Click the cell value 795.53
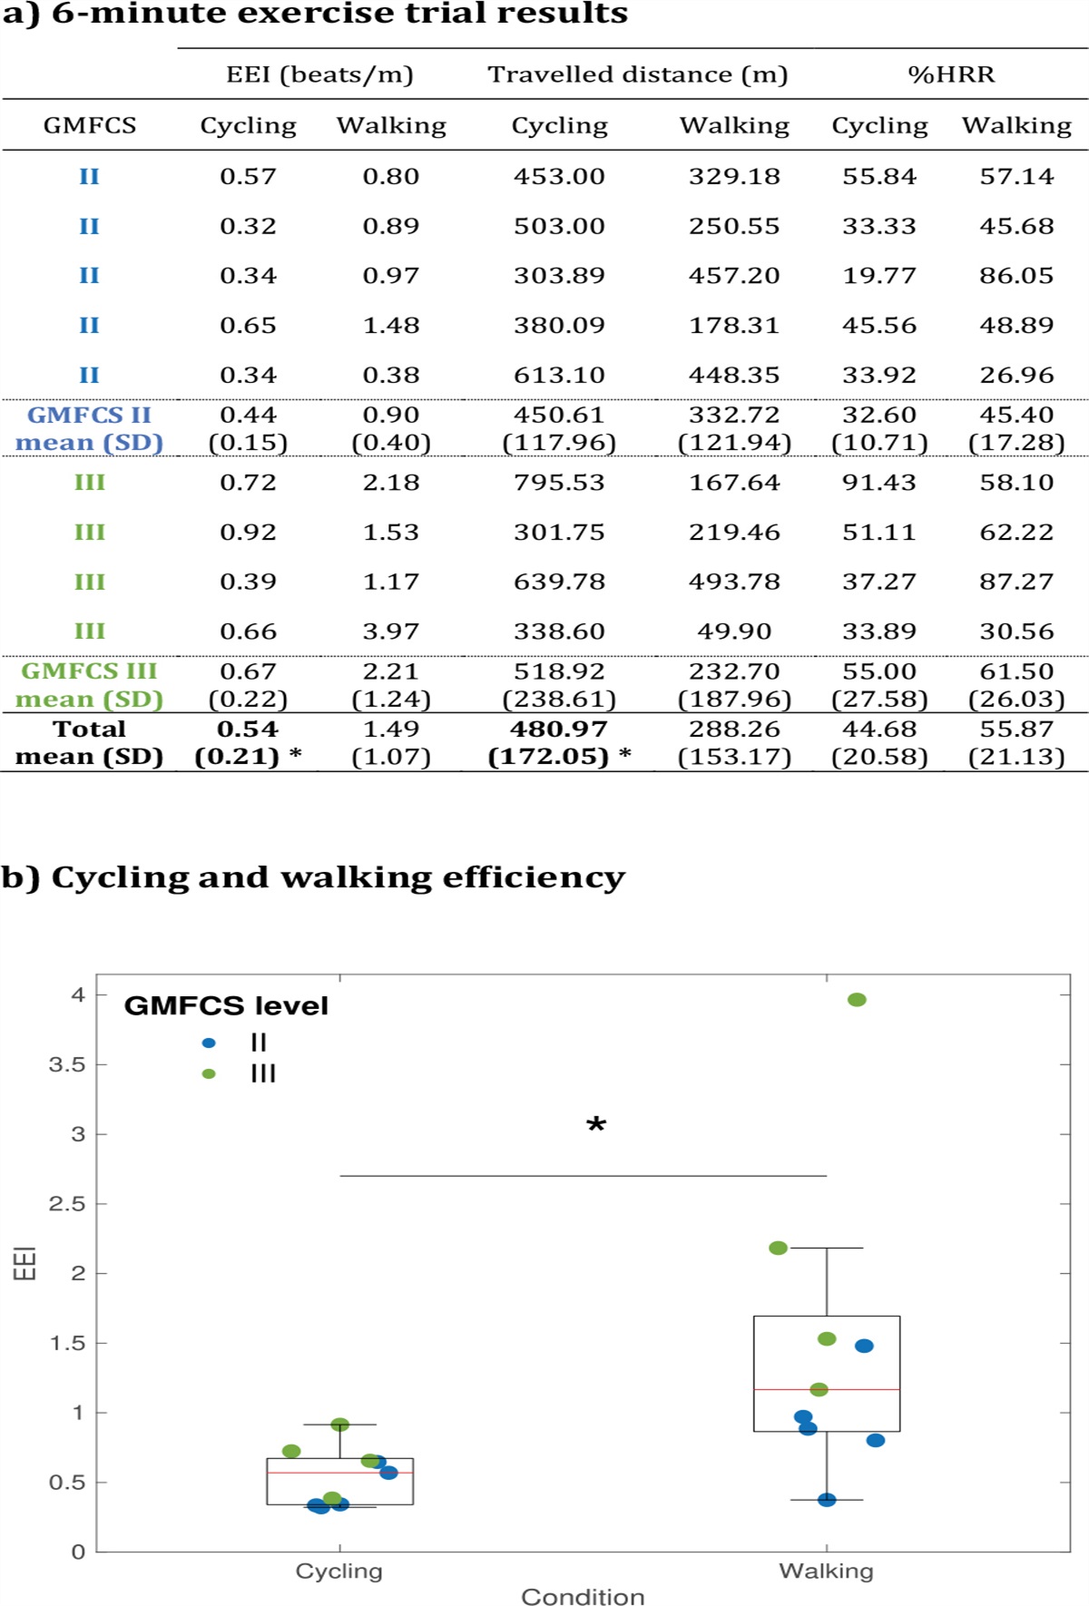coord(559,482)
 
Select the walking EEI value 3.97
coord(391,631)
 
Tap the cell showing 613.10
coord(559,375)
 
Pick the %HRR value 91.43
coord(878,482)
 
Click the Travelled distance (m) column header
coord(637,74)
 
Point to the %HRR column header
coord(951,74)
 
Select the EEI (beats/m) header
coord(319,74)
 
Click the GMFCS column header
coord(89,125)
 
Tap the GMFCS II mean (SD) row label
coord(89,428)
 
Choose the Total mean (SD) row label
coord(89,742)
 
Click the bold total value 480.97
coord(559,729)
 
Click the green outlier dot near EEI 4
coord(857,1000)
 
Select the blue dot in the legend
coord(209,1043)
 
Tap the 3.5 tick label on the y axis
coord(66,1064)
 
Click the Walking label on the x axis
coord(826,1571)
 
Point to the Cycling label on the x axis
coord(339,1571)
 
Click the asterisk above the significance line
coord(596,1126)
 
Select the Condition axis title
coord(583,1597)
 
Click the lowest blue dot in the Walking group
coord(827,1500)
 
